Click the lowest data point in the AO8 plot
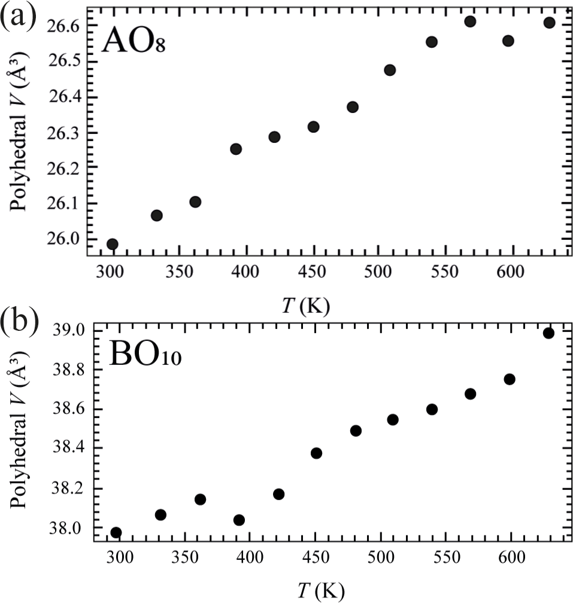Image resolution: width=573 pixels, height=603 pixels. coord(112,243)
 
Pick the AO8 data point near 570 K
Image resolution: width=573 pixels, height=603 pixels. coord(470,22)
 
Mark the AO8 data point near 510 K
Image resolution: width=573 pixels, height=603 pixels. coord(390,70)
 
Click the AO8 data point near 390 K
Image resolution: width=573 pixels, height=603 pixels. coord(236,149)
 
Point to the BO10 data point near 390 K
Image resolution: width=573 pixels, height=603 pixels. coord(239,520)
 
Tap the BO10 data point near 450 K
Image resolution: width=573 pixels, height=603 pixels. coord(316,453)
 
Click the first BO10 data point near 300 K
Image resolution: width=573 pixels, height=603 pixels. coord(116,532)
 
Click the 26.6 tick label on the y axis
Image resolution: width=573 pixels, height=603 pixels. coord(65,26)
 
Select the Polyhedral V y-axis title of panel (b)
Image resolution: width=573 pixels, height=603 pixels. coord(23,435)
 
